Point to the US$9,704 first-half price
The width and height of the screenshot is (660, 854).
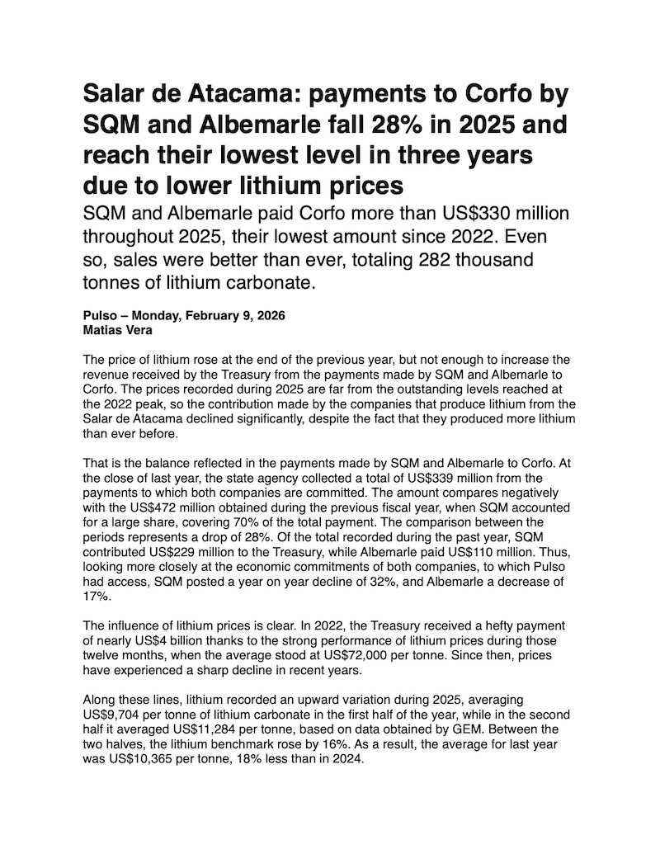(114, 714)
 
